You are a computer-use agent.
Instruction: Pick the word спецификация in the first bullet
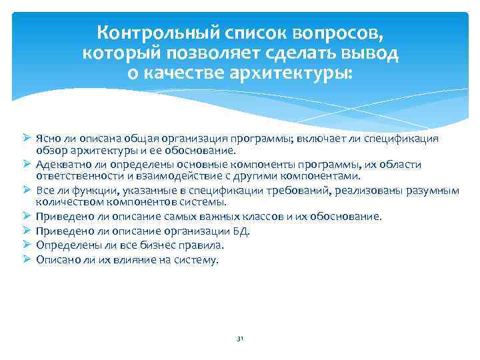tap(408, 139)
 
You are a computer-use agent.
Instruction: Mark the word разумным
tap(431, 191)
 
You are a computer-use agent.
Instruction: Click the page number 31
tap(240, 339)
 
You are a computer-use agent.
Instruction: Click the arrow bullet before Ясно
tap(27, 138)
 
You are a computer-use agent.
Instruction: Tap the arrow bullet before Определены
tap(27, 245)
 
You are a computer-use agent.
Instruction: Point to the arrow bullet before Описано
tap(27, 259)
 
